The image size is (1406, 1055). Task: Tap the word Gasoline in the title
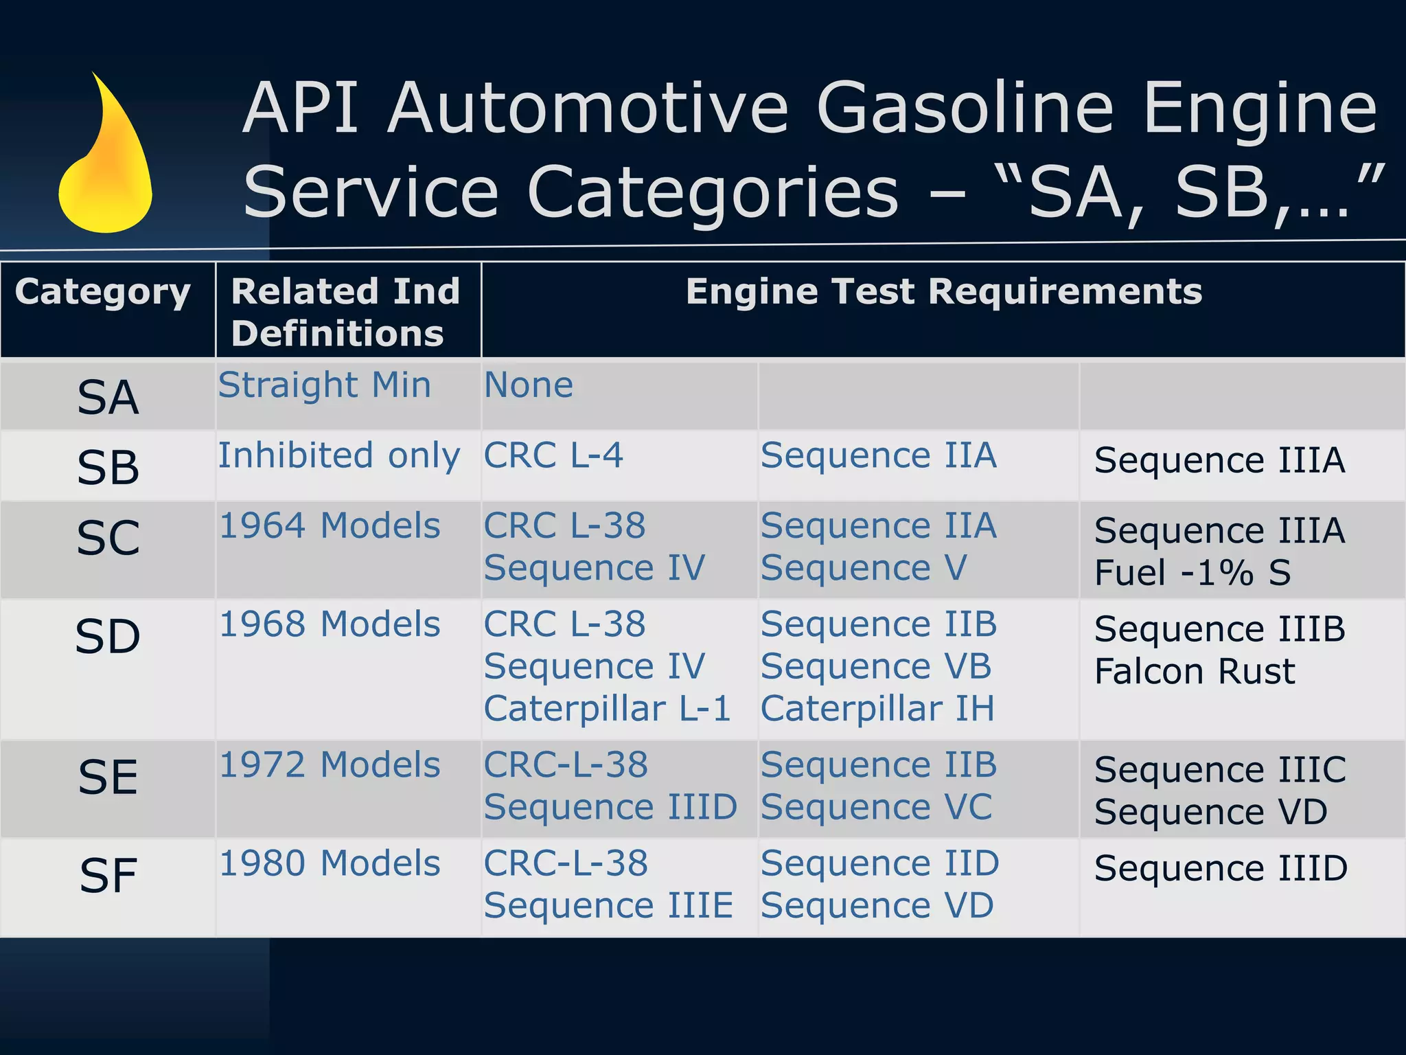pos(965,109)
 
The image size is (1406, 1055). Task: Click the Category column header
pos(103,293)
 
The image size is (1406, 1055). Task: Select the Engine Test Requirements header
pos(943,291)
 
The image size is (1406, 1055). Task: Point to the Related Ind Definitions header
pos(345,313)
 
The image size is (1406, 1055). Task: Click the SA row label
pos(108,398)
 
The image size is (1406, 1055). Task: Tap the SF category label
pos(108,876)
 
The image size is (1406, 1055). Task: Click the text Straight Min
pos(324,385)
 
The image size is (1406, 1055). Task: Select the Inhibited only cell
pos(339,456)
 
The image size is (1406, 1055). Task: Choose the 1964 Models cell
pos(330,527)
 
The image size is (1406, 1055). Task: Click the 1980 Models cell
pos(330,864)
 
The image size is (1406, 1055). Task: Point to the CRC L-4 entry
pos(553,456)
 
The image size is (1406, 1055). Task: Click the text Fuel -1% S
pos(1192,573)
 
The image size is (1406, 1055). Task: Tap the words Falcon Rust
pos(1195,672)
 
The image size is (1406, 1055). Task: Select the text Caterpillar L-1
pos(607,710)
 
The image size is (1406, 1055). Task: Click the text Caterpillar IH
pos(877,710)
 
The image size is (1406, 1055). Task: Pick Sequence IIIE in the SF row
pos(608,906)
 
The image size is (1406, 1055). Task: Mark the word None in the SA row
pos(529,385)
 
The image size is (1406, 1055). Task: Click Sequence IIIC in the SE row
pos(1220,770)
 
